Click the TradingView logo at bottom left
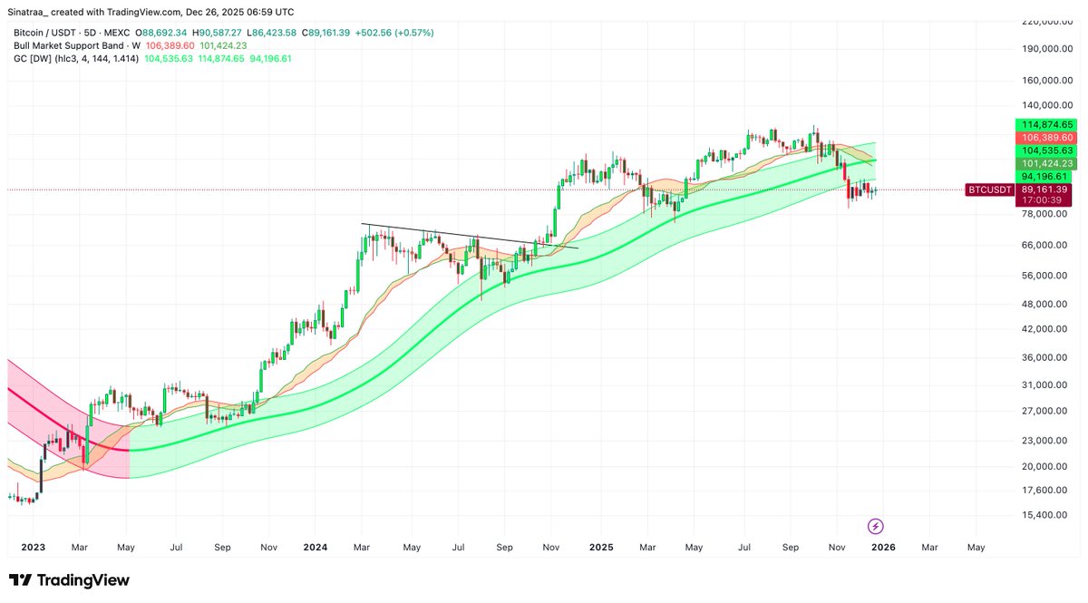69,580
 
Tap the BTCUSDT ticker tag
989,190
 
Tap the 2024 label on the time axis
315,548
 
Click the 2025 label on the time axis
600,548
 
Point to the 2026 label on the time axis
883,548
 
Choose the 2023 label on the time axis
33,548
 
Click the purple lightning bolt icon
876,526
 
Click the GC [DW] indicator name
32,58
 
